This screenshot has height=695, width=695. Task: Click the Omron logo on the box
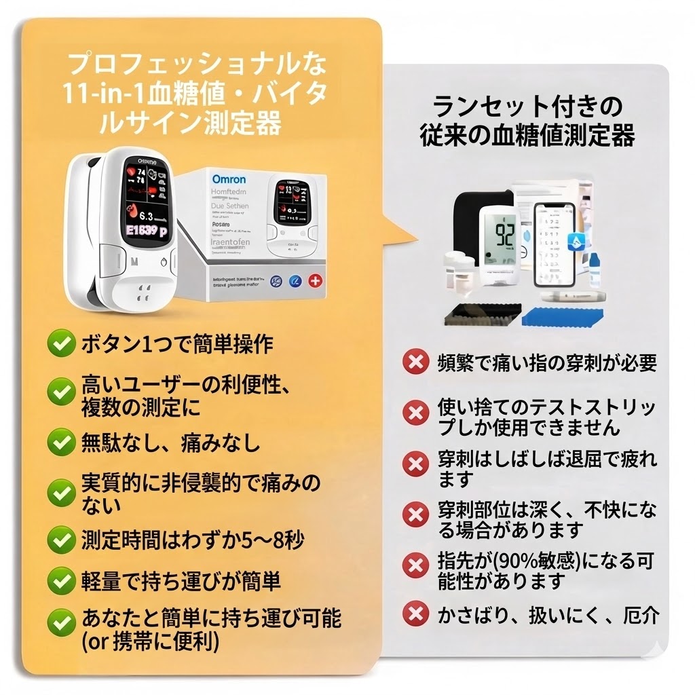[x=229, y=179]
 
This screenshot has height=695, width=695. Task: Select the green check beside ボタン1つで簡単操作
[x=61, y=344]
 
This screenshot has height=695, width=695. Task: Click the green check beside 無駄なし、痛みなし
[x=61, y=443]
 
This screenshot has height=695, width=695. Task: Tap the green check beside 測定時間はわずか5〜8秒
[x=61, y=541]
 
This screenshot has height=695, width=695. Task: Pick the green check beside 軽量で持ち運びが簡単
[x=61, y=581]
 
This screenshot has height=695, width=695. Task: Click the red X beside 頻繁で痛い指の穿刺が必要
[x=415, y=362]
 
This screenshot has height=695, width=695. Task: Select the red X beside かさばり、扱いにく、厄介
[x=415, y=614]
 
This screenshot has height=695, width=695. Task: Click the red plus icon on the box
[x=315, y=280]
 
